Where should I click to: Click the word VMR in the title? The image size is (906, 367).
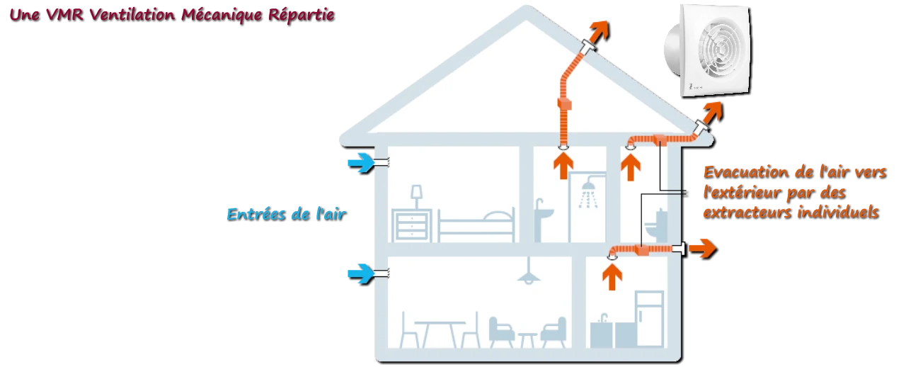[x=65, y=15]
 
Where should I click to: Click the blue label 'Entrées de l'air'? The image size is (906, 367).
[x=287, y=214]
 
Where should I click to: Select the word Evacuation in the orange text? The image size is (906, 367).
[x=746, y=172]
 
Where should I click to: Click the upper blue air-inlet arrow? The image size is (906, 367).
[x=361, y=163]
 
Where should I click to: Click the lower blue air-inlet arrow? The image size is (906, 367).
[x=361, y=274]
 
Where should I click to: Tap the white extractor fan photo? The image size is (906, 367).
[x=708, y=50]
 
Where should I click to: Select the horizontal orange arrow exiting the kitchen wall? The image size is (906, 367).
[x=703, y=249]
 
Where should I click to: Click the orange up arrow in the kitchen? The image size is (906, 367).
[x=612, y=277]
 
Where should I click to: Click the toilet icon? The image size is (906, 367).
[x=655, y=225]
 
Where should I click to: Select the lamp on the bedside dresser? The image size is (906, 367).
[x=417, y=197]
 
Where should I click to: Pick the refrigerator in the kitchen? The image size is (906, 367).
[x=650, y=319]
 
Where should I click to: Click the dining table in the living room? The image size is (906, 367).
[x=440, y=334]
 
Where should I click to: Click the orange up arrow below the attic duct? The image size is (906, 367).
[x=563, y=166]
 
